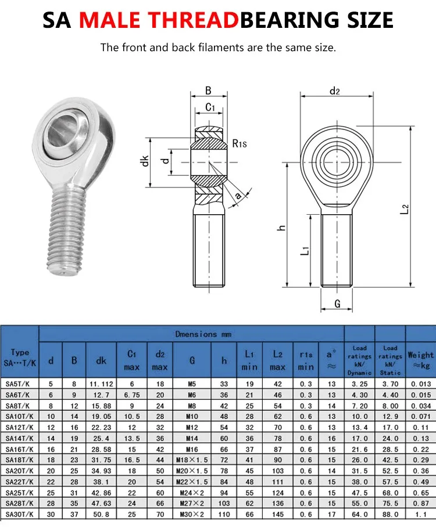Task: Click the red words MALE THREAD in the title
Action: [x=159, y=20]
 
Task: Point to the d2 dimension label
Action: [x=335, y=91]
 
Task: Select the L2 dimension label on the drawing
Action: [x=405, y=209]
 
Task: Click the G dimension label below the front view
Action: [x=337, y=304]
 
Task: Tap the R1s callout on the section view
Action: [x=240, y=144]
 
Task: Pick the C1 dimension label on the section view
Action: [x=210, y=107]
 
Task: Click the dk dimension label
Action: [x=144, y=161]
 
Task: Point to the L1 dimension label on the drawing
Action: [x=305, y=250]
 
